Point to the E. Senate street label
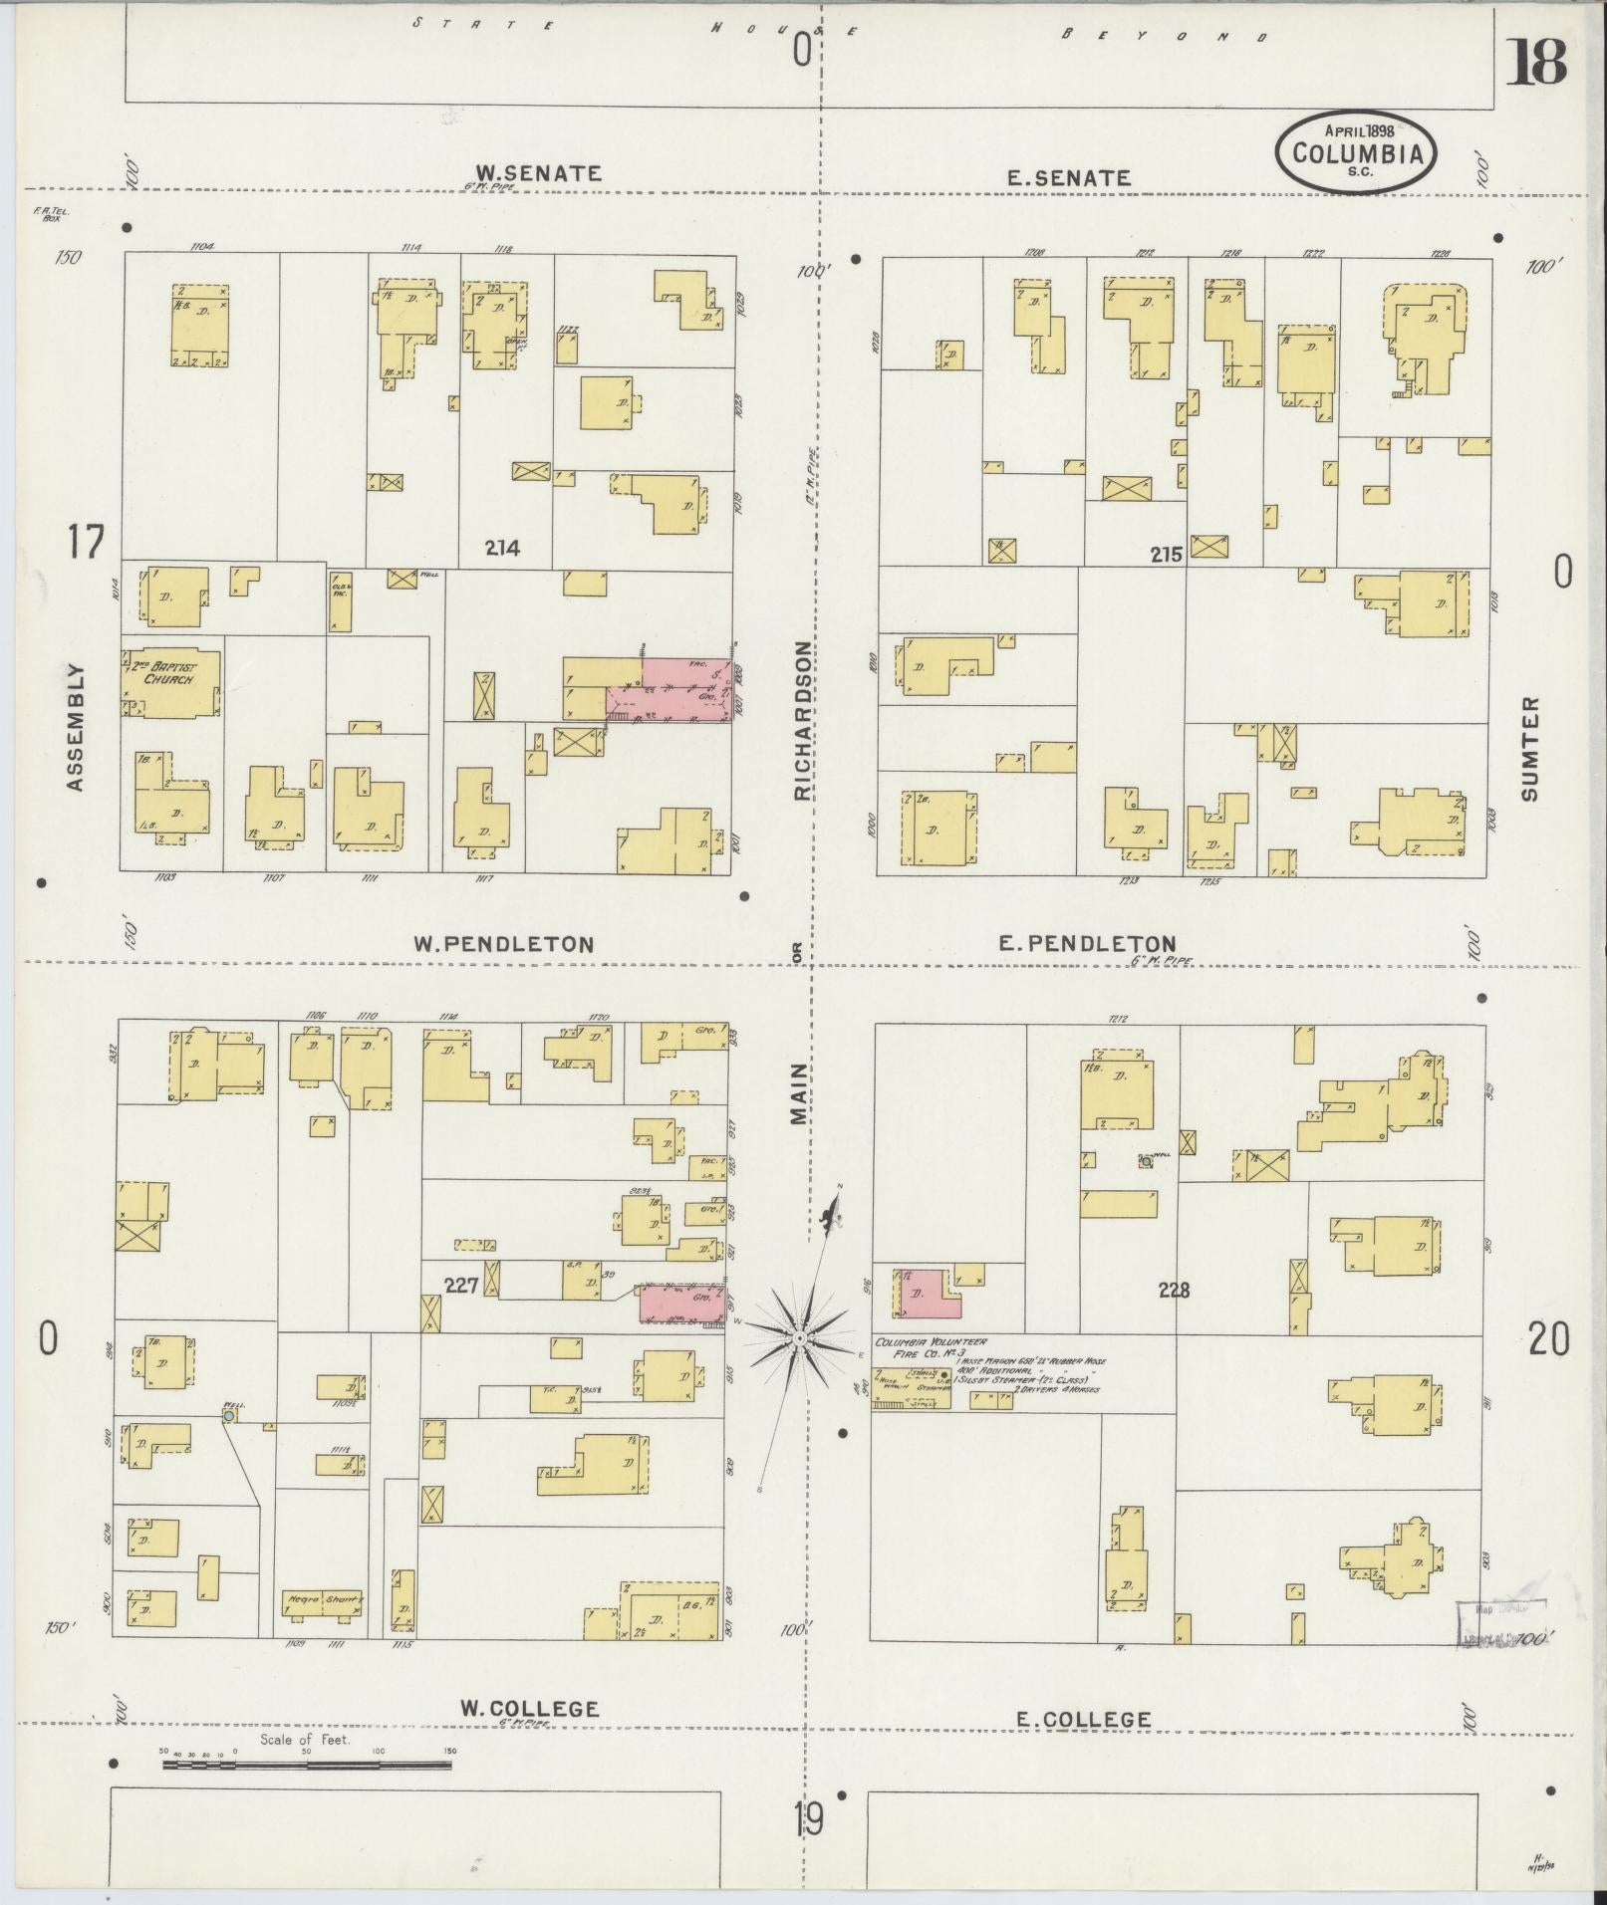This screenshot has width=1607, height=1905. [1069, 178]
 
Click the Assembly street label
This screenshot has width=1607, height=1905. [76, 728]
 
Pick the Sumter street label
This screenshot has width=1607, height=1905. [1530, 748]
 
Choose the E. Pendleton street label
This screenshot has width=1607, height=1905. [1088, 943]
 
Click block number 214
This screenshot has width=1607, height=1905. [503, 547]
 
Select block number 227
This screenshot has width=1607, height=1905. [461, 1286]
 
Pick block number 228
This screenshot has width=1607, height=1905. [1174, 1290]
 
